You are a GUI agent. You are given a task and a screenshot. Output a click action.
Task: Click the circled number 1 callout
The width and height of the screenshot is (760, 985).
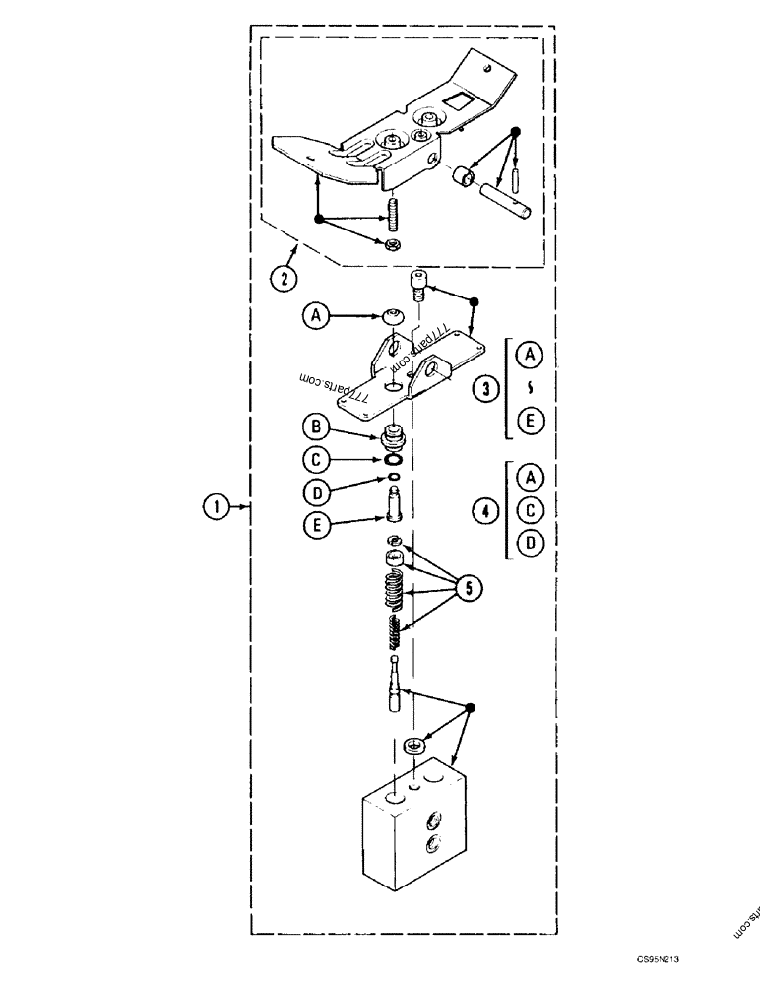[214, 507]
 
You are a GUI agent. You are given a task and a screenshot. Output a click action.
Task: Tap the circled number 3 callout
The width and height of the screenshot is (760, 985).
[481, 388]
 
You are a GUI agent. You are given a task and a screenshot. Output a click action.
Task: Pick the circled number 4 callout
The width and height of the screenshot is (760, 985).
[481, 510]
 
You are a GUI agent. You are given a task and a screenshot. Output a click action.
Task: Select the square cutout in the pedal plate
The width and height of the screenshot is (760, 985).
[460, 98]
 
